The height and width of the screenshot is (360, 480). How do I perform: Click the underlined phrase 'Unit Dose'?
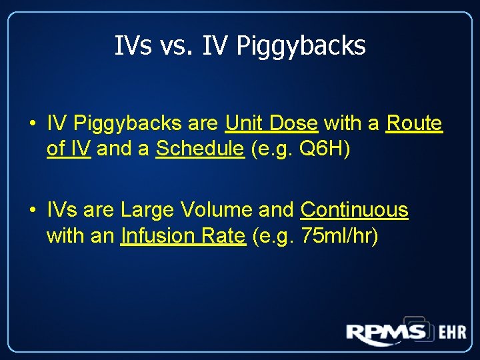point(271,123)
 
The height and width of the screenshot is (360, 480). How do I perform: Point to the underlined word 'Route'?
point(414,123)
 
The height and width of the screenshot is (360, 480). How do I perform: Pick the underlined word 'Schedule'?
point(200,149)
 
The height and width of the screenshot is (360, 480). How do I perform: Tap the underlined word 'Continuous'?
point(354,210)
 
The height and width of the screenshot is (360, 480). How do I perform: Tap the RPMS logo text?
point(385,333)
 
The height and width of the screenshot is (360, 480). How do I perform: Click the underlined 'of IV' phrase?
point(69,149)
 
